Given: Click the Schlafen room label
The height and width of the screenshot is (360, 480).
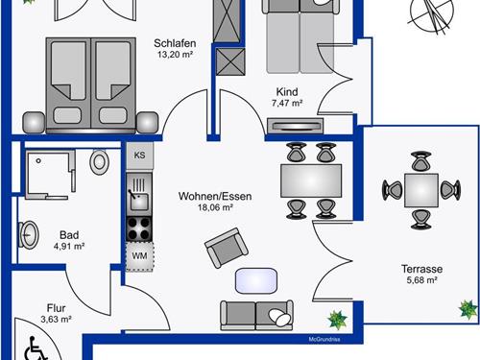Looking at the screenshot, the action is [x=175, y=43].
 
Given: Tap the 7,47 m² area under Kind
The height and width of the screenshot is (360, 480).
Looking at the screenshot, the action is [x=287, y=104].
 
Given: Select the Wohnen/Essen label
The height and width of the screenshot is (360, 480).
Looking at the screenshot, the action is [x=215, y=196].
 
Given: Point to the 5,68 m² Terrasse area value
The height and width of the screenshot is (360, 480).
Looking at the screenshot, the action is [x=421, y=280].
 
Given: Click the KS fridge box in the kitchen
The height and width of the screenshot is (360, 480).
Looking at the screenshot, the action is [x=139, y=156].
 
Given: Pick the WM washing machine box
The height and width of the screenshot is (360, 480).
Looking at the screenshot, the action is [x=139, y=256].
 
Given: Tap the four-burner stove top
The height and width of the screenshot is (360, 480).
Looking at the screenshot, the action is [x=139, y=229].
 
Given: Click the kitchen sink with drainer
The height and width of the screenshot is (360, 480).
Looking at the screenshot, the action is [x=139, y=195].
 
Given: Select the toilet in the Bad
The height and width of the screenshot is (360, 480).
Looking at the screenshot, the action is [x=99, y=162].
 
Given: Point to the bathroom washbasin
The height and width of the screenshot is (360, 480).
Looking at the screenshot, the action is [x=28, y=234].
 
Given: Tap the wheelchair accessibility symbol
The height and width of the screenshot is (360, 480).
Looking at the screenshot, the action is [x=36, y=348].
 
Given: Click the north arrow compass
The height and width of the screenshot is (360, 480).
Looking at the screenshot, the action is [x=431, y=12].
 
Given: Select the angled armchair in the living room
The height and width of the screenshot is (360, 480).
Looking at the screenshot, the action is [x=227, y=248].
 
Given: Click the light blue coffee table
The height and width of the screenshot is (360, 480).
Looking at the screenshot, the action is [x=256, y=280].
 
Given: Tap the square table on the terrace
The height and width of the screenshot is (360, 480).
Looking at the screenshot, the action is [x=421, y=190].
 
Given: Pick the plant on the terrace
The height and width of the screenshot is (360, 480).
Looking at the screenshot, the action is [x=468, y=309].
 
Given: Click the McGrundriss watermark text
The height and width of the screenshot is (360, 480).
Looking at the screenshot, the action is [x=324, y=339].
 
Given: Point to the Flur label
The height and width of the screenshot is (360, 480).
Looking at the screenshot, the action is [x=56, y=308].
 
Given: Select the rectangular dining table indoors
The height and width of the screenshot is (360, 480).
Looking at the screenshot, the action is [x=311, y=180].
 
